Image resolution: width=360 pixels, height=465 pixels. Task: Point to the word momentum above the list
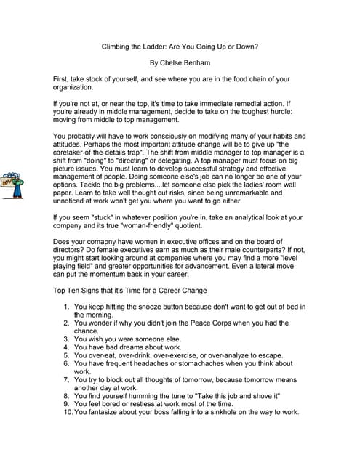114,275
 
